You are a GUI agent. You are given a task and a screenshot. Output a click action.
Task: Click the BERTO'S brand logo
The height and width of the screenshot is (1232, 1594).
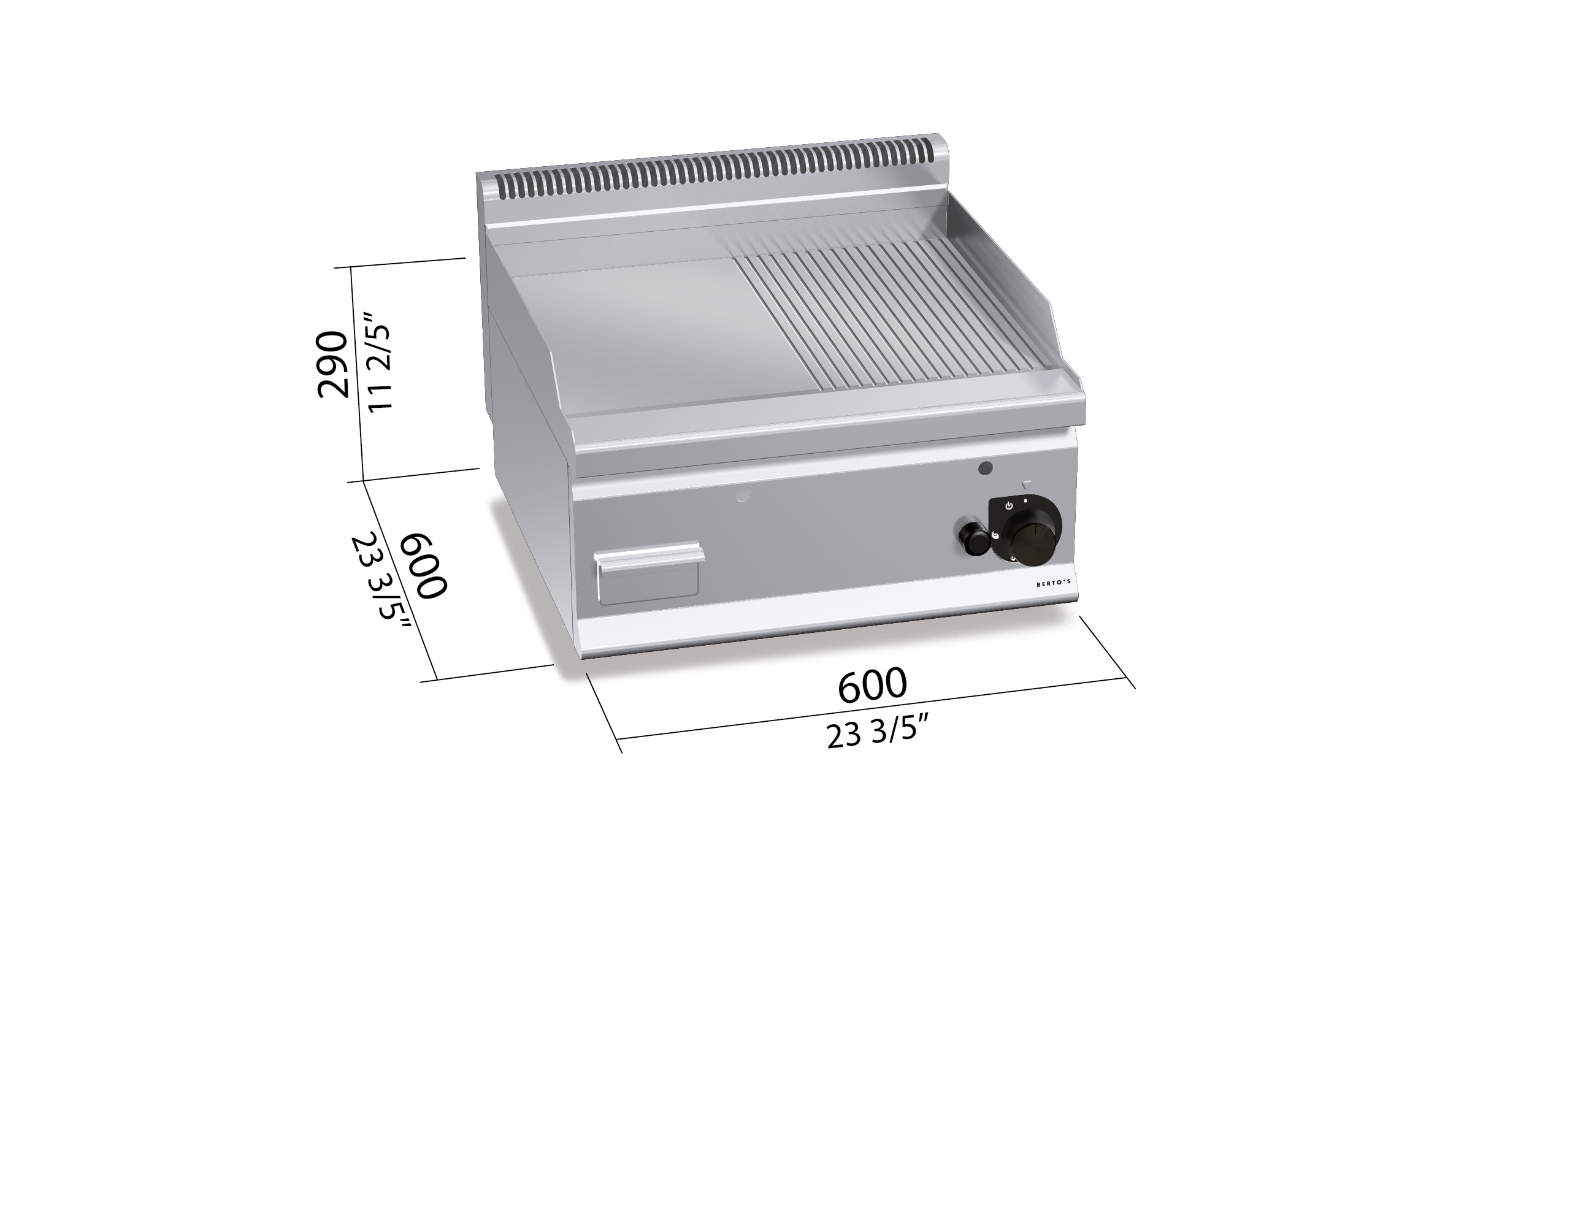pyautogui.click(x=1053, y=584)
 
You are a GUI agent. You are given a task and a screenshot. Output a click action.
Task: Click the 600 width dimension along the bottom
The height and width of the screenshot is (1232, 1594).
pyautogui.click(x=872, y=684)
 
